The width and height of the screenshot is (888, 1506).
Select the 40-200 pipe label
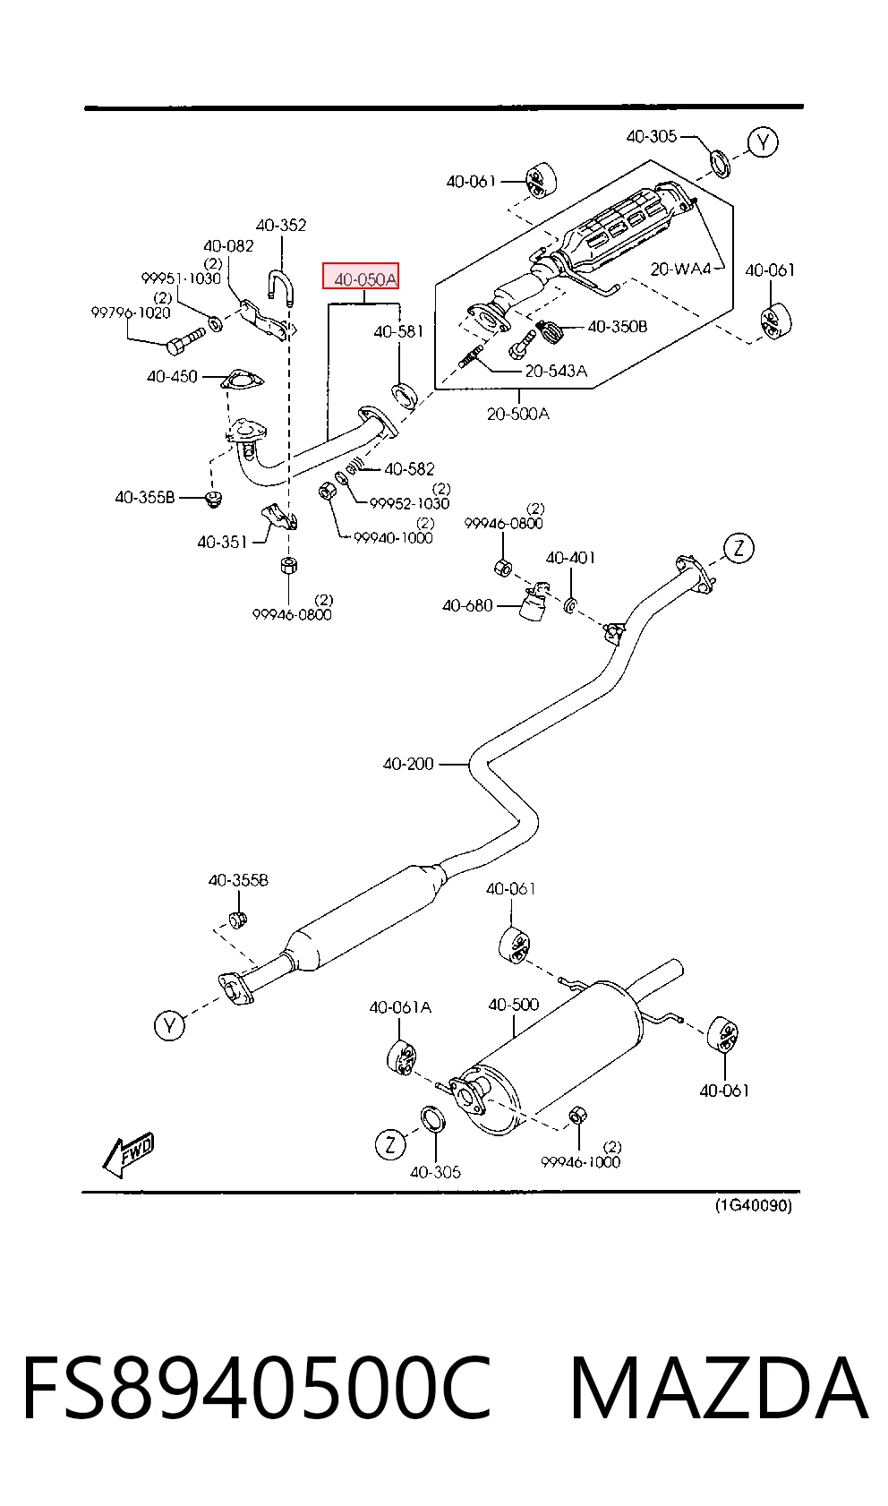tap(408, 764)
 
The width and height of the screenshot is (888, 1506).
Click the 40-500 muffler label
tap(514, 1005)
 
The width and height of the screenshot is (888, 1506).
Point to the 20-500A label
tap(517, 415)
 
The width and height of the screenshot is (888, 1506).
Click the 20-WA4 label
tap(680, 270)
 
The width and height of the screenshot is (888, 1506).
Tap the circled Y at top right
tap(763, 142)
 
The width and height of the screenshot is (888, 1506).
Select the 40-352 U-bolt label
tap(281, 226)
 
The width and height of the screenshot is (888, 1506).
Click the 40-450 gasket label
tap(172, 376)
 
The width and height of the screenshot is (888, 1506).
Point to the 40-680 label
tap(467, 606)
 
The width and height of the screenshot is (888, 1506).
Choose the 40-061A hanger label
tap(400, 1007)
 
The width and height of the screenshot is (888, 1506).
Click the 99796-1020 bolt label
tap(131, 312)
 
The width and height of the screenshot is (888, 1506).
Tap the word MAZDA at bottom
tap(719, 1389)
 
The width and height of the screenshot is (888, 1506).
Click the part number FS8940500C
tap(257, 1389)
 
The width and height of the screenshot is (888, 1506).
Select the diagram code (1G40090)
tap(753, 1205)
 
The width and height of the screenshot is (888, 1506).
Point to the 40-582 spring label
tap(409, 468)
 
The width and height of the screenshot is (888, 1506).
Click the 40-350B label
tap(617, 327)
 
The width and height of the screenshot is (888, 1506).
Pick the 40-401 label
tap(571, 558)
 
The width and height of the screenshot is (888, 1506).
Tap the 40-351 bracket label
tap(222, 542)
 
